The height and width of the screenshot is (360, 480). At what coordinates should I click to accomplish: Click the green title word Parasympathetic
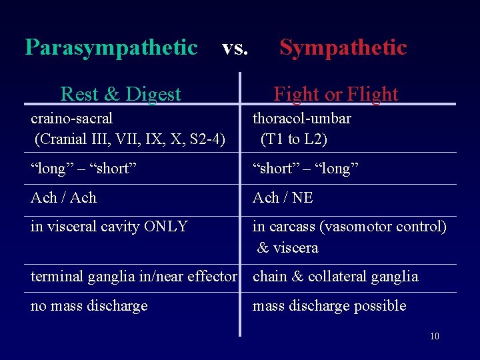(111, 48)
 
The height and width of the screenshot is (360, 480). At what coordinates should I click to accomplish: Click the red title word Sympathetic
(343, 48)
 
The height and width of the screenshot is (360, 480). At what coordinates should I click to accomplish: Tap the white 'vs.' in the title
(235, 48)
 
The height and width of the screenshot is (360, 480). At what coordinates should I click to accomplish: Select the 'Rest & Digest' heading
(121, 94)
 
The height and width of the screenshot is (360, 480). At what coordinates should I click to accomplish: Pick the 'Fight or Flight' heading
(335, 94)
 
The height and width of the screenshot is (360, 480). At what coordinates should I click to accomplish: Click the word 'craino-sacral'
(71, 119)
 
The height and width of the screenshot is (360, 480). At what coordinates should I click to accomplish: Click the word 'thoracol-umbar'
(301, 119)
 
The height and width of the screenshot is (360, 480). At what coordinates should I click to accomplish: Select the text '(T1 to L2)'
(294, 139)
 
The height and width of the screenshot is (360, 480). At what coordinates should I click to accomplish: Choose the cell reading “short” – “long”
(305, 169)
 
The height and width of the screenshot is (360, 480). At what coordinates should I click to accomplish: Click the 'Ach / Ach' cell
(63, 198)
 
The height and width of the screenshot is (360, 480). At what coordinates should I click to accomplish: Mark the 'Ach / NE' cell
(283, 198)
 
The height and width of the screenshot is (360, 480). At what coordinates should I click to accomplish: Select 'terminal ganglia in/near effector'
(134, 277)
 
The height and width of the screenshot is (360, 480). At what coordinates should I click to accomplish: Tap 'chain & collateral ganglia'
(335, 277)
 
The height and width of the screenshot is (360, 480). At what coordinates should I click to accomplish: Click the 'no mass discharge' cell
(89, 306)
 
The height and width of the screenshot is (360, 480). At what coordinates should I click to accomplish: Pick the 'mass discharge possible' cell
(329, 306)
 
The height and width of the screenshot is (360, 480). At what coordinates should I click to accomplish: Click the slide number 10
(434, 337)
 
